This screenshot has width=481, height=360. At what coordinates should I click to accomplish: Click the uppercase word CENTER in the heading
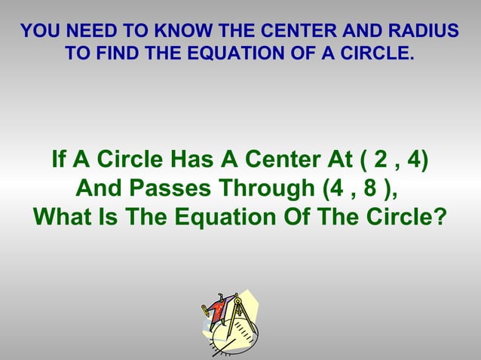point(293,32)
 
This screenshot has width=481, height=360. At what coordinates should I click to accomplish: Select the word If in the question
point(58,160)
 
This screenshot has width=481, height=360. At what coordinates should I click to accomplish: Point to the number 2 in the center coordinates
point(377,160)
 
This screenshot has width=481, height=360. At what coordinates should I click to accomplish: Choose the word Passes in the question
point(179,188)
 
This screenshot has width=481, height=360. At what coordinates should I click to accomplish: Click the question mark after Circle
point(440,217)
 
